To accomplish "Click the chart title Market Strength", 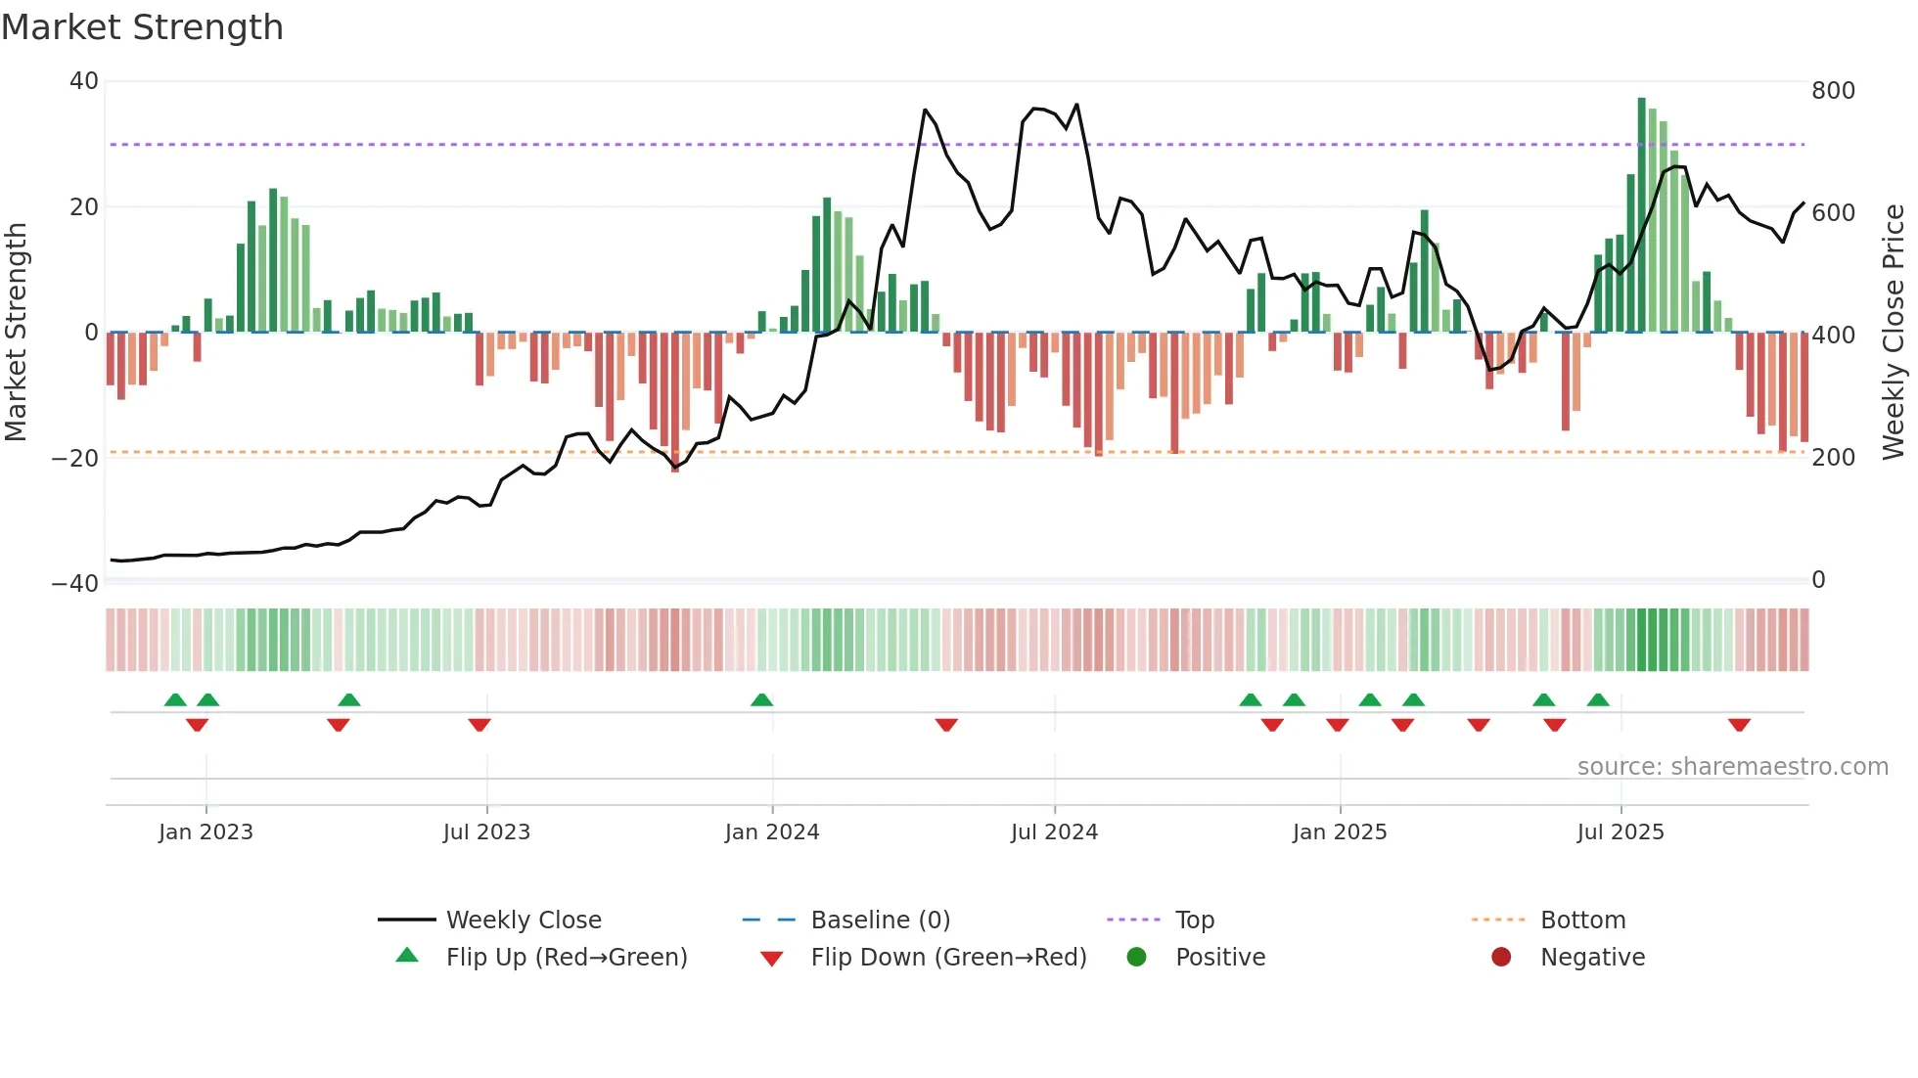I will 142,27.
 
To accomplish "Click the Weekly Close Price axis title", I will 1894,333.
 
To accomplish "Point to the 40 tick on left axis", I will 84,81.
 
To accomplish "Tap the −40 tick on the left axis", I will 76,584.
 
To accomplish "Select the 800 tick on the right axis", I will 1833,91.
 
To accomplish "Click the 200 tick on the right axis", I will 1833,457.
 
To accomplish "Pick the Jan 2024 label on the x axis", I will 772,832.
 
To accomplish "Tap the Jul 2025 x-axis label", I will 1621,832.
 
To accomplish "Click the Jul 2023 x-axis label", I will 486,832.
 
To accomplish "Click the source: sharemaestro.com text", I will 1732,767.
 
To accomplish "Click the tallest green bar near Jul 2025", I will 1642,215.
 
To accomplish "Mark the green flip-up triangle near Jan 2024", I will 761,699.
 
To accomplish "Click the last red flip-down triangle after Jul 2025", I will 1739,725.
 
